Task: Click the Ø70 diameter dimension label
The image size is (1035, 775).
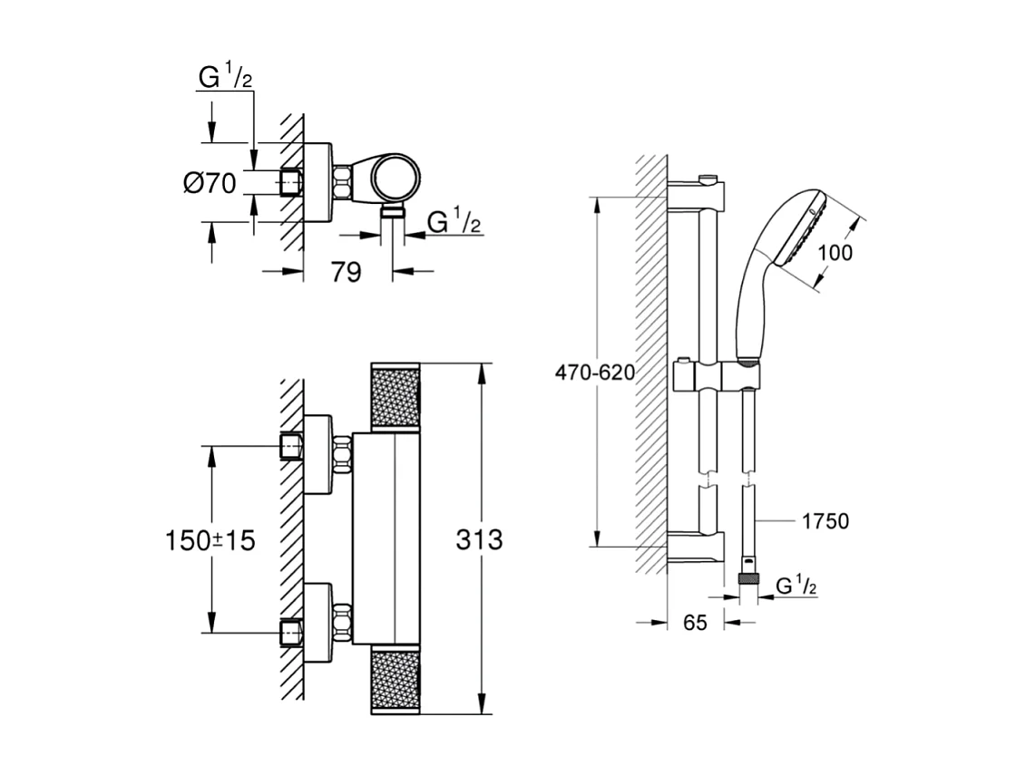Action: (210, 183)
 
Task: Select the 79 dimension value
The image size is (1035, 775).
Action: (346, 271)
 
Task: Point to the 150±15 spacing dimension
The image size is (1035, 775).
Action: (210, 541)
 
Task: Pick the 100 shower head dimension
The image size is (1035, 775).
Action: (835, 253)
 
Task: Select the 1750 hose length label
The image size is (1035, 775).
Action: (825, 521)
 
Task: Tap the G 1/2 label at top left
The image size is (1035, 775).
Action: (225, 78)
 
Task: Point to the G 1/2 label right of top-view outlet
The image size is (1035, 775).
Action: (454, 220)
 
